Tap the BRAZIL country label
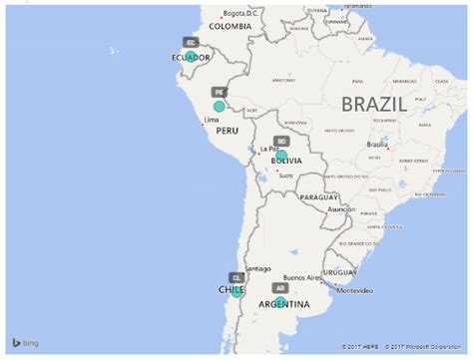(373, 104)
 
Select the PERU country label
(228, 130)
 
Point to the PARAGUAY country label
(319, 197)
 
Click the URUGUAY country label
(340, 272)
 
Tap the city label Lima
(211, 120)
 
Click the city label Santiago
(257, 268)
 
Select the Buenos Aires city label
(301, 277)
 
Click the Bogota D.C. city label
(240, 13)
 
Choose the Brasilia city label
(376, 145)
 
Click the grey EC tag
(190, 43)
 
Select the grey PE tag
(219, 90)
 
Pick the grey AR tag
(280, 287)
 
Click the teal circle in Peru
(220, 106)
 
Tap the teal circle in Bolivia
(281, 155)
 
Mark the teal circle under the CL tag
(236, 291)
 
